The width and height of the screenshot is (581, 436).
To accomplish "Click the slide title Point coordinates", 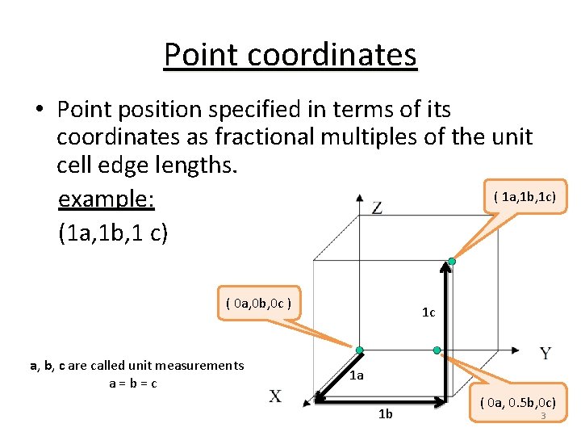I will tap(290, 54).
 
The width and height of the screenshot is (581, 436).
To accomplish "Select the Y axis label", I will tap(545, 354).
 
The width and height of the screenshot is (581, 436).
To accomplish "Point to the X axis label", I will tap(276, 396).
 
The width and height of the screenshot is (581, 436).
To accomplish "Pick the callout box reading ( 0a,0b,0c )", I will tap(259, 304).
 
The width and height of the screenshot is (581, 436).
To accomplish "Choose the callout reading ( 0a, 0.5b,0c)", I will tap(517, 402).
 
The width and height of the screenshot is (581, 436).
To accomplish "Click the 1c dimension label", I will tap(428, 312).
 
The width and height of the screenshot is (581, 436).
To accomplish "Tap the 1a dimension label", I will tap(357, 375).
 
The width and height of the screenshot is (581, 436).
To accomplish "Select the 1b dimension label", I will tap(386, 414).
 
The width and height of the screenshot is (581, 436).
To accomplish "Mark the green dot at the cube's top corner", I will tap(452, 262).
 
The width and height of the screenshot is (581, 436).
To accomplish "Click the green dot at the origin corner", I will tap(359, 350).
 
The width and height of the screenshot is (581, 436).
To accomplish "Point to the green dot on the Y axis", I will tap(437, 350).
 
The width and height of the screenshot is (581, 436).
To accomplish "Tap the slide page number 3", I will tap(543, 416).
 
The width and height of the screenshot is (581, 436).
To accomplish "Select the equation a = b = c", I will tap(133, 383).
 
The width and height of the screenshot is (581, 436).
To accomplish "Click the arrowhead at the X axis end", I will tap(317, 398).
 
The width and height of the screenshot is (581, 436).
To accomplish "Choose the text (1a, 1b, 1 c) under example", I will tap(113, 233).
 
